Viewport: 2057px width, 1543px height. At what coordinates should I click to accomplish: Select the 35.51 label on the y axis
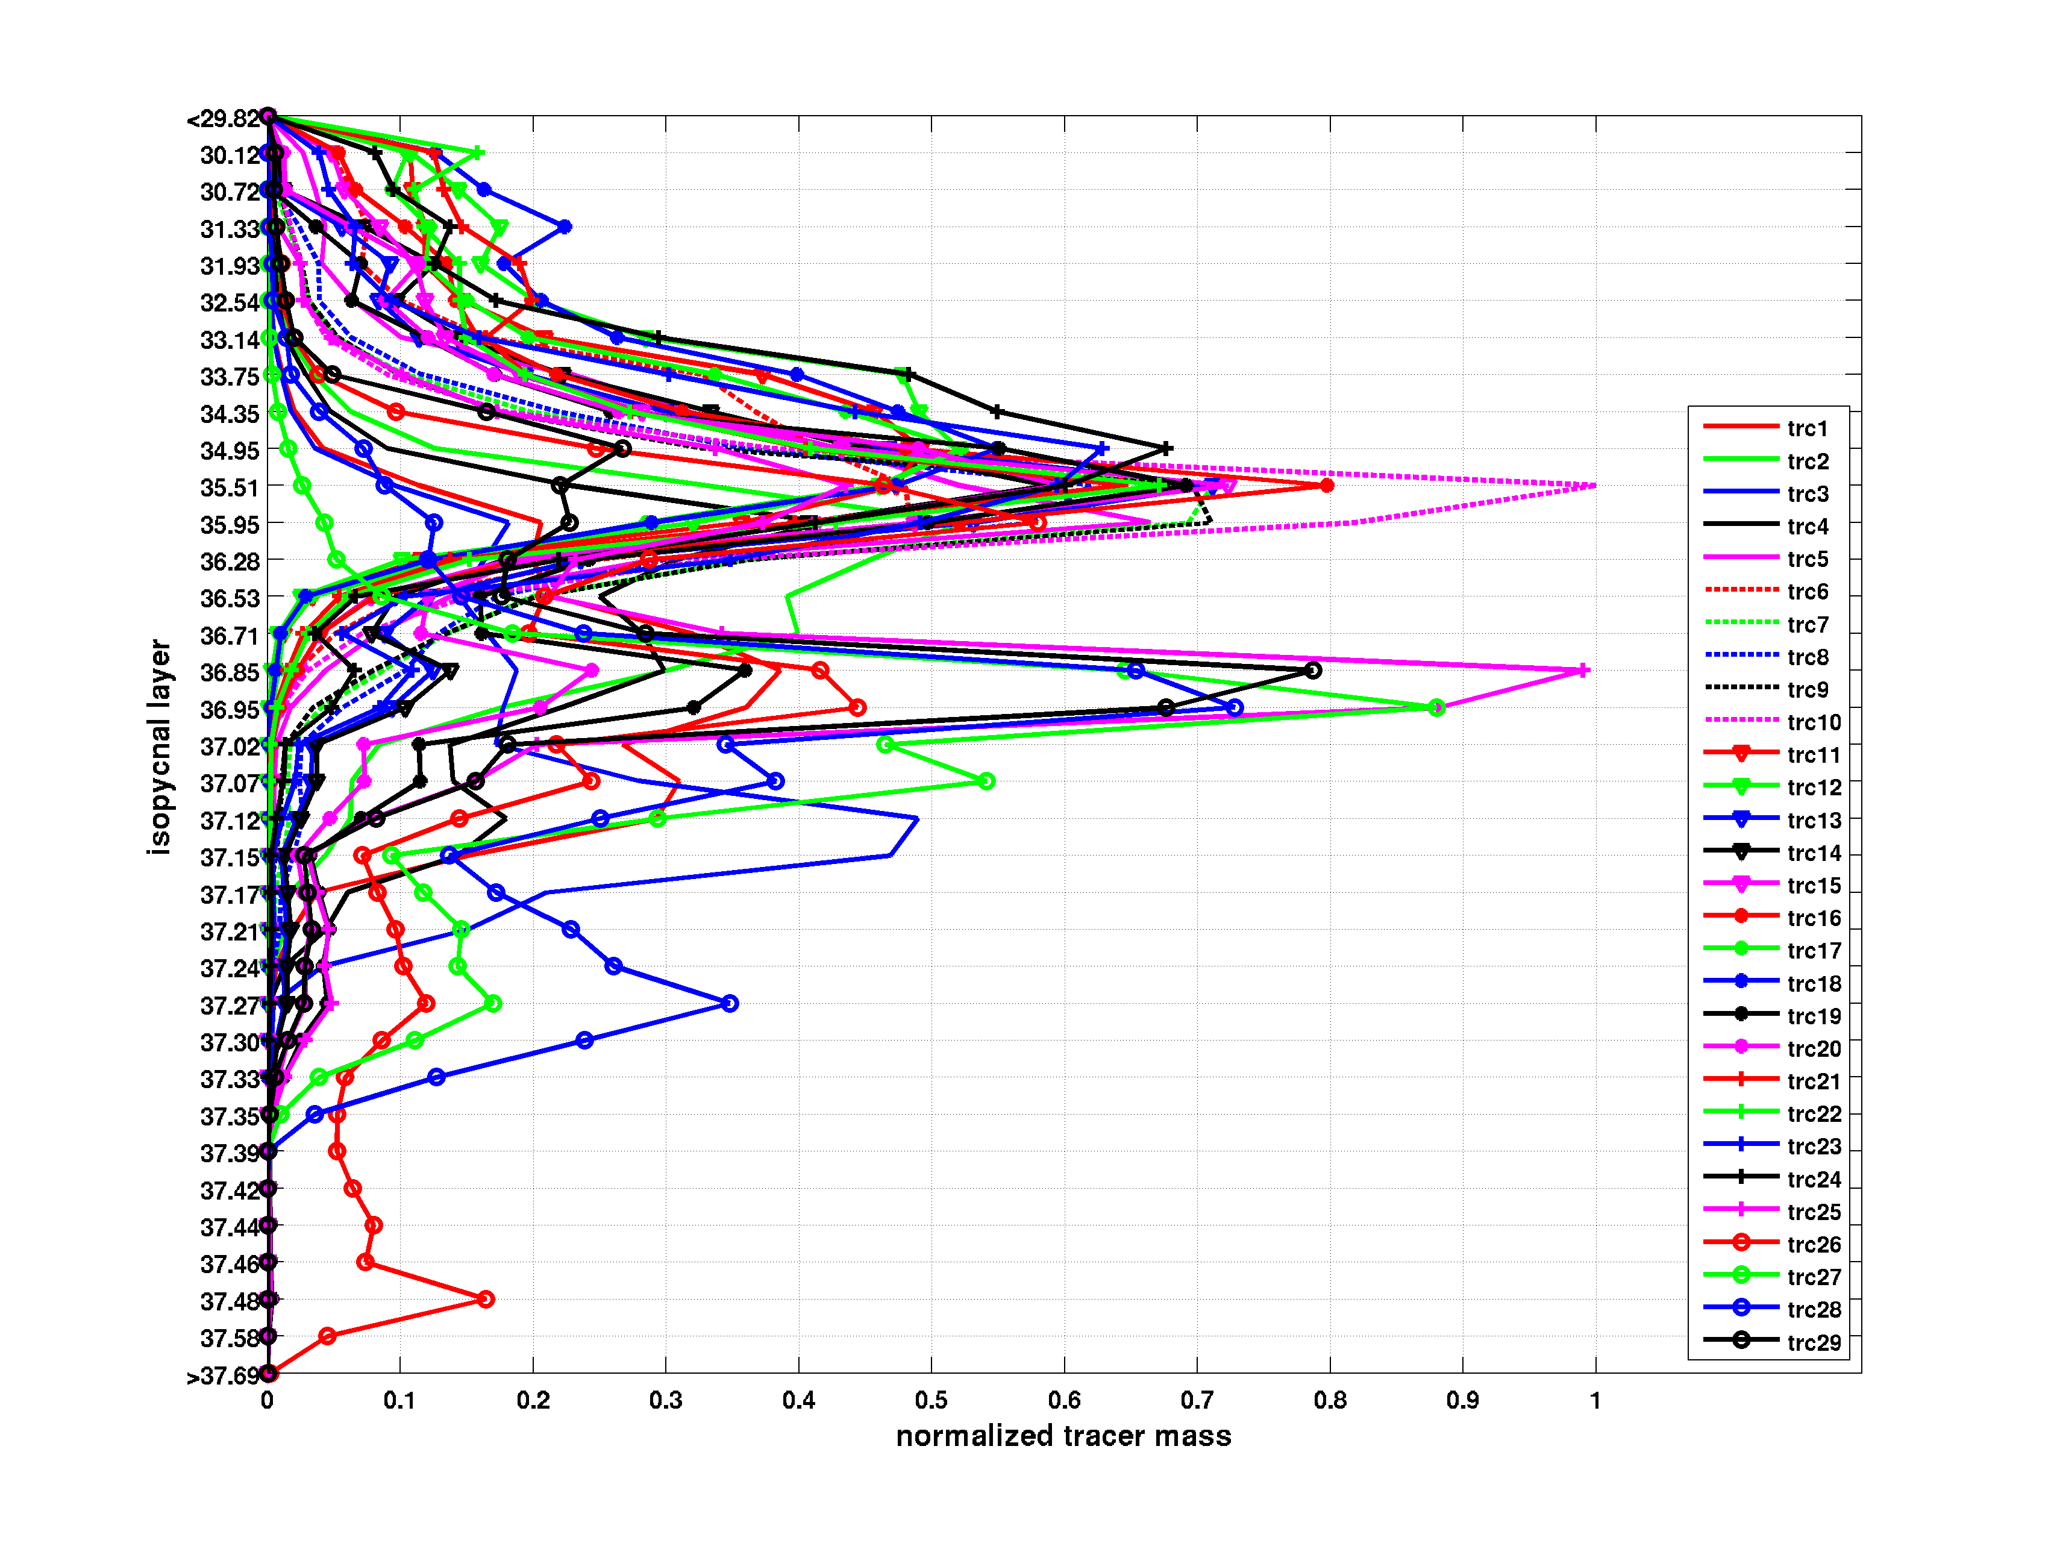coord(230,487)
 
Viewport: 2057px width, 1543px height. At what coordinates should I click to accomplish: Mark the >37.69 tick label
coord(223,1376)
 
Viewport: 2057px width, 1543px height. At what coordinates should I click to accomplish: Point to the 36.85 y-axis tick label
coord(230,672)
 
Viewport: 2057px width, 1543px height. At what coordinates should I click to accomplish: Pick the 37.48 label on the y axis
coord(230,1301)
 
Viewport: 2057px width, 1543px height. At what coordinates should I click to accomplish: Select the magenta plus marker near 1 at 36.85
coord(1583,671)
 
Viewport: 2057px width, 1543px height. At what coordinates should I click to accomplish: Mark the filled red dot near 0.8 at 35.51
coord(1327,486)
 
